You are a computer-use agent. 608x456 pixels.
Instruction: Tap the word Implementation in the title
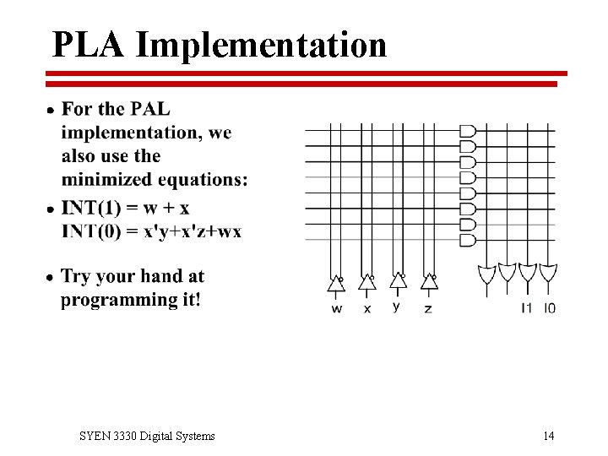[261, 46]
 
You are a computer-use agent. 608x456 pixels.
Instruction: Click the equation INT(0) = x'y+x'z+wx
[151, 231]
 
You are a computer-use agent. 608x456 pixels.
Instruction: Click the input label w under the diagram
[337, 309]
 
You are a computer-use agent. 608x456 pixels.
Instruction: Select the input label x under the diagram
[367, 309]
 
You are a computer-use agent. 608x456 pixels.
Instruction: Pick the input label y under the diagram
[397, 307]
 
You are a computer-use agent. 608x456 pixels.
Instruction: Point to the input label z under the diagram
[428, 309]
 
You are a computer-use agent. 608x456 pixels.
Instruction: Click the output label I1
[527, 308]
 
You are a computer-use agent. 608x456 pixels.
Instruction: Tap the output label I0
[550, 308]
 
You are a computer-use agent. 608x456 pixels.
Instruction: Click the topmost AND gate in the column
[467, 131]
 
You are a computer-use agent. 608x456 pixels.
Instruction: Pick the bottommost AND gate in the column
[467, 240]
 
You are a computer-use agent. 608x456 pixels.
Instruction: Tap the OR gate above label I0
[549, 274]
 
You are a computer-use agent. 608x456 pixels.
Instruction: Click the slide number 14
[549, 436]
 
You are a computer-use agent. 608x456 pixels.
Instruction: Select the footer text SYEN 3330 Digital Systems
[147, 436]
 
